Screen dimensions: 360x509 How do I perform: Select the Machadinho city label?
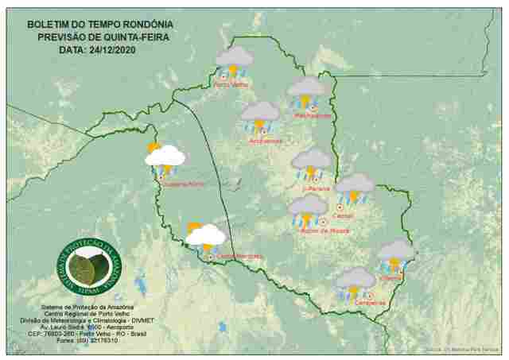(x=313, y=116)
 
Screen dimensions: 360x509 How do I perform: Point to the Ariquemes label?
(x=266, y=141)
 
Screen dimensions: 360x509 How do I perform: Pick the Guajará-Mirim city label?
(x=185, y=184)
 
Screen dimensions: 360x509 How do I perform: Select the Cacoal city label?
(x=345, y=215)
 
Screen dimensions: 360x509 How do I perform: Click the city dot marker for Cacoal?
(x=340, y=207)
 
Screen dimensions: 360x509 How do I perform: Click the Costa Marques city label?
(x=239, y=256)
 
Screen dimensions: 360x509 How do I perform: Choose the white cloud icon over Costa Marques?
(x=205, y=236)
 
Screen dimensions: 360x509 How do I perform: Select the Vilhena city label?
(x=391, y=278)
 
